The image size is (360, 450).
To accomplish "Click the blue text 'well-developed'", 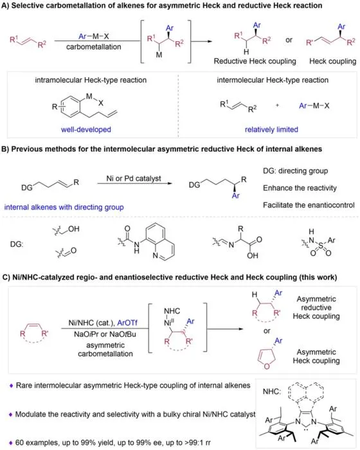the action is tap(86, 129).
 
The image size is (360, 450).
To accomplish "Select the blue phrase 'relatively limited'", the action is tap(271, 129).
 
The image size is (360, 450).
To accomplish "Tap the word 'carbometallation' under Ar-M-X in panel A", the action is tap(94, 47).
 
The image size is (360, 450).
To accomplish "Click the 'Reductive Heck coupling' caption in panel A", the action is tap(255, 61).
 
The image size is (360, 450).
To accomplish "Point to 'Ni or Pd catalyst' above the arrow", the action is tap(134, 178).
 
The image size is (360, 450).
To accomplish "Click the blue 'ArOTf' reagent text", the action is tap(127, 323).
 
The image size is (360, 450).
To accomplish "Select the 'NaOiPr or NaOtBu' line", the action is tap(105, 334).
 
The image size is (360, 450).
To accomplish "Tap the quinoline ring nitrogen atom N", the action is tap(155, 255).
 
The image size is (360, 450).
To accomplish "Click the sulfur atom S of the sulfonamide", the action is tap(321, 246).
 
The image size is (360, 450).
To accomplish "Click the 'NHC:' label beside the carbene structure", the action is tap(272, 391).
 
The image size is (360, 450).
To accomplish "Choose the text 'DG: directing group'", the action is tap(296, 171).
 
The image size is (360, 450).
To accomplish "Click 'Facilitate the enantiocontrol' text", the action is tap(309, 205).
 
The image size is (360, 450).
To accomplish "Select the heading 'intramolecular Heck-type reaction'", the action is tap(91, 80).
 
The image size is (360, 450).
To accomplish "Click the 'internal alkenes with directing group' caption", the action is tap(64, 207).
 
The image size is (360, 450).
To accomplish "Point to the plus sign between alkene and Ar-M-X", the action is tap(277, 105).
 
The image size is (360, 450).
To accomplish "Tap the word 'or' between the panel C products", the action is tap(267, 331).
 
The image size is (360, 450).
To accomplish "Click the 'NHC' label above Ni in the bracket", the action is tap(172, 310).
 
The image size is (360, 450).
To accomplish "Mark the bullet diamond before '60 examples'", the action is tap(11, 443).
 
